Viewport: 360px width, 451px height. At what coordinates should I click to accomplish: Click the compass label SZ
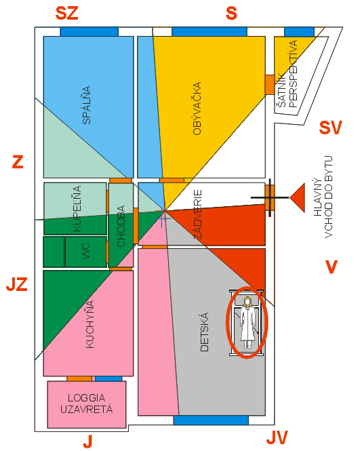tap(66, 14)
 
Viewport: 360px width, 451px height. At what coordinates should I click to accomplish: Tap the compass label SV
tap(330, 128)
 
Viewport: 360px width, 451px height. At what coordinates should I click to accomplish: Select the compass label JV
tap(277, 437)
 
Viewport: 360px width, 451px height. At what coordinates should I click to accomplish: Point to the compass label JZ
tap(17, 284)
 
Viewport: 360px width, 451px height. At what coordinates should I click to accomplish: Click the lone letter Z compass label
tap(18, 162)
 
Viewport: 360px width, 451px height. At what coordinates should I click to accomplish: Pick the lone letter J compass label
tap(87, 442)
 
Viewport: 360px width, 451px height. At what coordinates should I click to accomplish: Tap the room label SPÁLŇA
tap(87, 105)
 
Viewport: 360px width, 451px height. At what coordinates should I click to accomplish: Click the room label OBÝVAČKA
tap(197, 109)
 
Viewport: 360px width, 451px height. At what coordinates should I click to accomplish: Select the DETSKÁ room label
tap(204, 332)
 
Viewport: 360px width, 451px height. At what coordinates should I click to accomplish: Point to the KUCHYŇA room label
tap(90, 324)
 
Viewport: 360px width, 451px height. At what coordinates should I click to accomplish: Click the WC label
tap(86, 251)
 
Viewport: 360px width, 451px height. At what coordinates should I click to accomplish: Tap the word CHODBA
tap(121, 226)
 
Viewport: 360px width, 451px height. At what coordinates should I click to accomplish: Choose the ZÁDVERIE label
tap(197, 214)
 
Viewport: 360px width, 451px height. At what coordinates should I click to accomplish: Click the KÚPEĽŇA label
tap(77, 208)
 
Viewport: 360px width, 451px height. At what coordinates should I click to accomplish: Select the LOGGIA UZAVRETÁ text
tap(87, 404)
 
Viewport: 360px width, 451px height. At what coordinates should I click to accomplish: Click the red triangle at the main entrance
tap(298, 197)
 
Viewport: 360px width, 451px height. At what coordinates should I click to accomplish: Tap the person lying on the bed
tap(247, 322)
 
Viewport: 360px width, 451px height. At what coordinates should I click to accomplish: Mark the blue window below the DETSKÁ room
tap(211, 420)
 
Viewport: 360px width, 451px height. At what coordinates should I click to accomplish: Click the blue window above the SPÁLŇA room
tap(89, 32)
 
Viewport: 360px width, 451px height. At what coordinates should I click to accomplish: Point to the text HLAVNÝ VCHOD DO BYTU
tap(323, 197)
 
